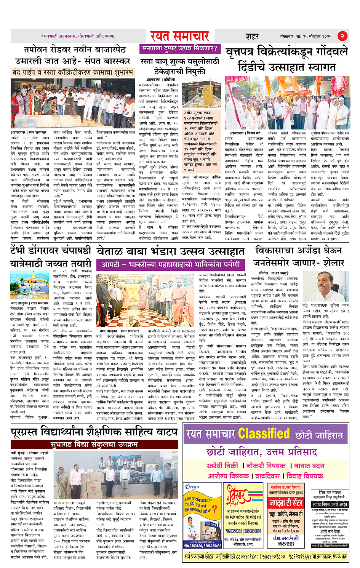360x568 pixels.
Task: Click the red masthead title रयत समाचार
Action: tap(179, 36)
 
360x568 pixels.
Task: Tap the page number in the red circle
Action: tap(342, 36)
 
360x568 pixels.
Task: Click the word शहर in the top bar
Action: tap(252, 37)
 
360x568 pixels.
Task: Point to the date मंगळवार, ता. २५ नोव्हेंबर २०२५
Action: tap(306, 37)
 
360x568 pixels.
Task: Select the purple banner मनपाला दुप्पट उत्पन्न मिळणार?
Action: tap(180, 49)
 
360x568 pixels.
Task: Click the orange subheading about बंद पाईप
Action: tap(72, 72)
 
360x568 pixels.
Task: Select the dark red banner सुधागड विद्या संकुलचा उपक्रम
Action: tap(94, 445)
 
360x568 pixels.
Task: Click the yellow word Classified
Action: tap(264, 434)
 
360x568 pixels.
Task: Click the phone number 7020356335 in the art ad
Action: tap(234, 531)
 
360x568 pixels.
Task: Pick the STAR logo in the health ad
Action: tap(192, 487)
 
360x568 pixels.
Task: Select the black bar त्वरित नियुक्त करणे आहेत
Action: tap(330, 504)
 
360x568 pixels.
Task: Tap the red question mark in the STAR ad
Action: tap(215, 509)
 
